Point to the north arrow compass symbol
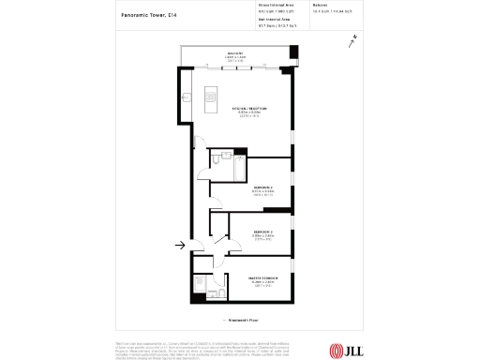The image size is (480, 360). pos(352,39)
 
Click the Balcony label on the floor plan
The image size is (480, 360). pos(235,53)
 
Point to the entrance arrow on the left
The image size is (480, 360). pos(179,247)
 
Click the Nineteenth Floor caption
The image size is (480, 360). pos(240,320)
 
